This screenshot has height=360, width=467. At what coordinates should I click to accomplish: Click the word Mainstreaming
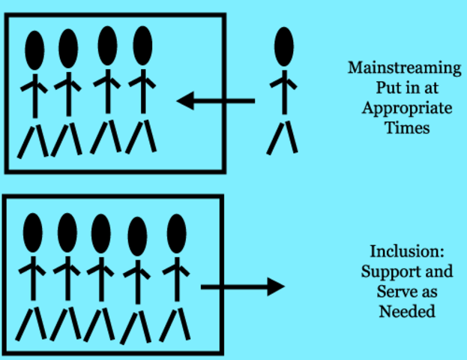pyautogui.click(x=404, y=67)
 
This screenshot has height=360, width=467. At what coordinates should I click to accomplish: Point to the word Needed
pyautogui.click(x=405, y=310)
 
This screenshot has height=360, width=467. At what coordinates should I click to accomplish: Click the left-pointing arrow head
pyautogui.click(x=186, y=99)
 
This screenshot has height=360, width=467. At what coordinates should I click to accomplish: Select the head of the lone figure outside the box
pyautogui.click(x=283, y=46)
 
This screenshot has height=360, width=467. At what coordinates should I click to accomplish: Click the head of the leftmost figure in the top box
pyautogui.click(x=35, y=49)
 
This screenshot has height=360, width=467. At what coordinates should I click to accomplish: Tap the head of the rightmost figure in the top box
pyautogui.click(x=142, y=46)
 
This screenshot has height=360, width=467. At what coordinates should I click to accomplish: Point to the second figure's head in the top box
pyautogui.click(x=68, y=49)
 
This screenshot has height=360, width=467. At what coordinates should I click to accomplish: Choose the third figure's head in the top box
pyautogui.click(x=107, y=46)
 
